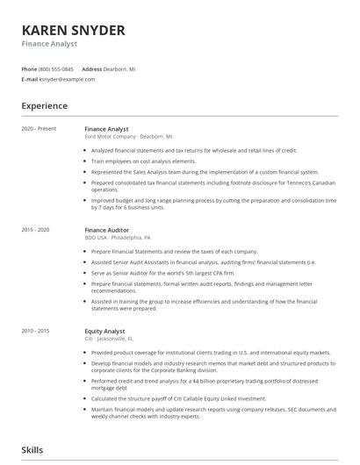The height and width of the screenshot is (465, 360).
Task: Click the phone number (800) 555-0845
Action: coord(56,68)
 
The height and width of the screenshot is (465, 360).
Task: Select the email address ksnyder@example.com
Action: coord(66,79)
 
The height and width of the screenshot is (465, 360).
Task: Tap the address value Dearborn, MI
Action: coord(120,68)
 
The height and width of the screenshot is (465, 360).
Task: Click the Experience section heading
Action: coord(44,106)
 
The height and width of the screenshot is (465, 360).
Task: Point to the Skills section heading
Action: coord(32,450)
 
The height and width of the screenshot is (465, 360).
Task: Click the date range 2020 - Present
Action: coord(39,129)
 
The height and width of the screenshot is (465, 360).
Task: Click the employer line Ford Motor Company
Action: coord(128,137)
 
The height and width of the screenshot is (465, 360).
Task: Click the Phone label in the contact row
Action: coord(29,68)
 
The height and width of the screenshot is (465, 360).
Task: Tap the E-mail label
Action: coord(29,79)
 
